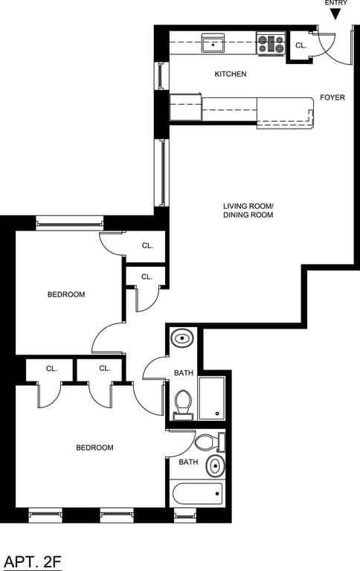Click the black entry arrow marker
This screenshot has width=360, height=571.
click(335, 14)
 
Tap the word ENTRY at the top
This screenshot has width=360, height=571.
click(336, 3)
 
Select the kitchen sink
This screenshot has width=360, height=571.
click(213, 43)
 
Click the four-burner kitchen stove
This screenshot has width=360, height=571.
click(271, 43)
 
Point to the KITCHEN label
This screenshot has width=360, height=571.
click(230, 74)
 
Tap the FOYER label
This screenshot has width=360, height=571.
click(332, 97)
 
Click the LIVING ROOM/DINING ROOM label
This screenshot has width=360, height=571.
click(248, 210)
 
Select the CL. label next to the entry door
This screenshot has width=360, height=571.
click(300, 45)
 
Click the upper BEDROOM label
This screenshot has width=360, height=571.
click(66, 294)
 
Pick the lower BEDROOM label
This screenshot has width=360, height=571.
click(94, 448)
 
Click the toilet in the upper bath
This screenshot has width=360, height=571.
click(183, 404)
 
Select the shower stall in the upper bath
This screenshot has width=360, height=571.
click(212, 398)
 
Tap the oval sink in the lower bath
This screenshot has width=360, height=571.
click(215, 468)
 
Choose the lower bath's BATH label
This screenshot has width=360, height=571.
click(188, 462)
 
